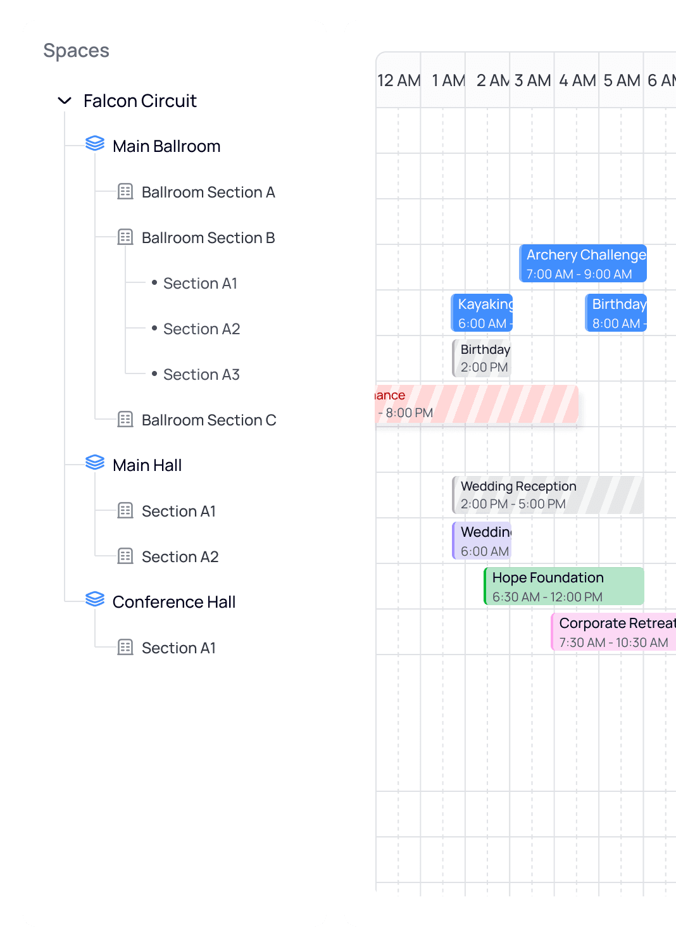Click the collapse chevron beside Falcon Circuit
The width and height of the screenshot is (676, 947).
tap(65, 101)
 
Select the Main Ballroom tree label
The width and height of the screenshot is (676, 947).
tap(166, 146)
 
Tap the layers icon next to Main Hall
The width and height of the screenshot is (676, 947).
tap(95, 463)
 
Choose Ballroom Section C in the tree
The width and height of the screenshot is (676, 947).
tap(208, 420)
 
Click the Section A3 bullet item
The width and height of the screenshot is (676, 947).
tap(201, 374)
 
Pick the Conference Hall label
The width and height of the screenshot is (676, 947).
tap(173, 602)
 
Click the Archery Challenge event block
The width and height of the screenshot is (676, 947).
tap(583, 263)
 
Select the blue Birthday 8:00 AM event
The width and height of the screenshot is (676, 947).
tap(616, 313)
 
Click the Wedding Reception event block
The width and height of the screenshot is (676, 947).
tap(548, 495)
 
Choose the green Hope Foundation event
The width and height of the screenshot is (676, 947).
tap(564, 586)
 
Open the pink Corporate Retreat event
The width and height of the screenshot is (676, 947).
tap(613, 632)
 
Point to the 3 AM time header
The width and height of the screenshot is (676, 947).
tap(532, 80)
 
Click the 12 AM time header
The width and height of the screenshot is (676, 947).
tap(399, 80)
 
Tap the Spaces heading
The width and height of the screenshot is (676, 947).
tap(76, 51)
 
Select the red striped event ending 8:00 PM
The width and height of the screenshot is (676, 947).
tap(477, 404)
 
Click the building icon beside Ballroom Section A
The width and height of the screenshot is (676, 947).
tap(125, 191)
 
